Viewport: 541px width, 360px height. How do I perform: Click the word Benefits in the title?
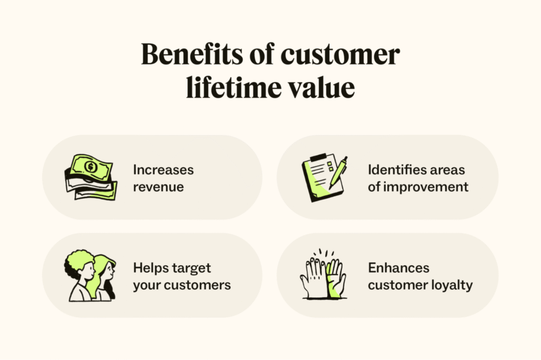tap(192, 54)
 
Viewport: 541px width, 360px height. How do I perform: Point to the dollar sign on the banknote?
tap(91, 167)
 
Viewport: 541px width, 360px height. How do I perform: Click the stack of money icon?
tap(91, 177)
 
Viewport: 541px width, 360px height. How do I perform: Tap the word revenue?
tap(158, 187)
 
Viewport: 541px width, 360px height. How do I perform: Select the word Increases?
tap(164, 169)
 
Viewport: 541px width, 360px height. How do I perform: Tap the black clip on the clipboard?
tap(318, 158)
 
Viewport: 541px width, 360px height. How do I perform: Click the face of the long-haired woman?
tap(109, 271)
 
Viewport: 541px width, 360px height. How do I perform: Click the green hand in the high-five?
tap(336, 279)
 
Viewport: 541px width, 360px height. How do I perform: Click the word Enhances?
tap(398, 268)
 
